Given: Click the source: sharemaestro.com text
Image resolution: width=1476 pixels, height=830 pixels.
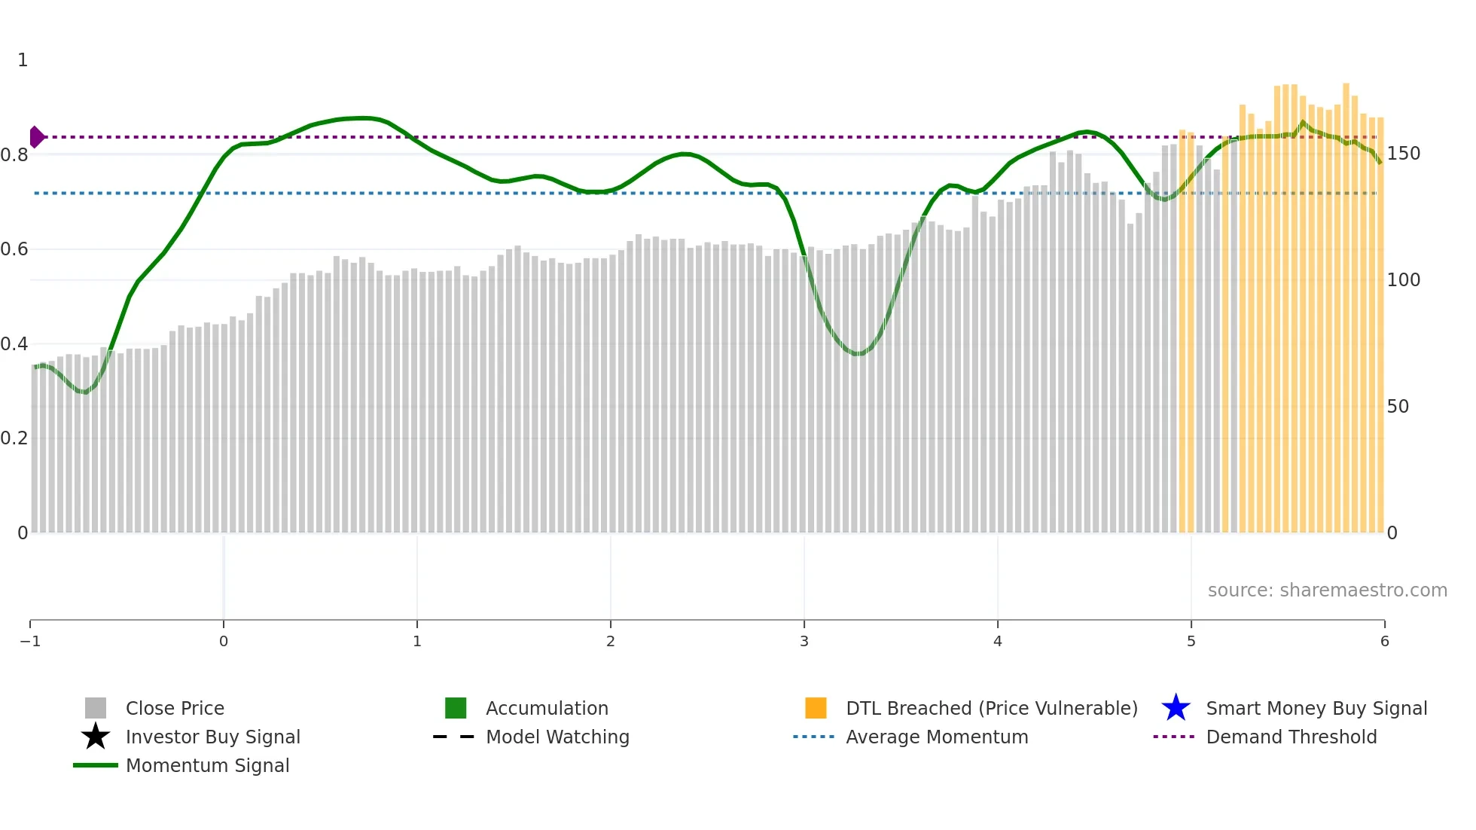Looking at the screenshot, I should (1327, 590).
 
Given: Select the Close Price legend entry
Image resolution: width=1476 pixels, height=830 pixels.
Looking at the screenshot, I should (175, 709).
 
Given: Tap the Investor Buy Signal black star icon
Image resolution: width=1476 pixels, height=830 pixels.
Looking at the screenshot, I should (96, 737).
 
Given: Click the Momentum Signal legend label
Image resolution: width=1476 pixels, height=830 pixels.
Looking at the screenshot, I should (207, 766).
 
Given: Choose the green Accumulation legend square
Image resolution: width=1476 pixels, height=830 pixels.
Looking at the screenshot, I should (456, 708).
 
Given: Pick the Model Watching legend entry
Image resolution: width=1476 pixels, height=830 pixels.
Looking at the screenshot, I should (557, 737).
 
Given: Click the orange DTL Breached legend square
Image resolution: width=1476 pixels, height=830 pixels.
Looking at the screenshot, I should (816, 708).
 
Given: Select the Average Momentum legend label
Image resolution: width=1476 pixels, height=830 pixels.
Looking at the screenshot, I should (937, 737).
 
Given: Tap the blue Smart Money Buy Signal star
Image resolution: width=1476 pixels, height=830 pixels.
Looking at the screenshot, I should (1176, 708).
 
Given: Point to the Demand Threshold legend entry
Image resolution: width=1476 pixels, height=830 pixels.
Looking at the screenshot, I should (1291, 737).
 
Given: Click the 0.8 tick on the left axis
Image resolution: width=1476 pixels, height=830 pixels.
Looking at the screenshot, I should (15, 155).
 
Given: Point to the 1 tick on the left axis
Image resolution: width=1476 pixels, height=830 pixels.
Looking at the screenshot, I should (23, 60).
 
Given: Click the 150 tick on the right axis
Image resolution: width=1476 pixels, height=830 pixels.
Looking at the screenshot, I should (1403, 154).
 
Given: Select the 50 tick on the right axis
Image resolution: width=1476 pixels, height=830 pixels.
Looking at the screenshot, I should (1398, 407).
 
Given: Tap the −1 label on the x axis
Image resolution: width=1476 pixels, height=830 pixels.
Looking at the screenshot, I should (30, 641).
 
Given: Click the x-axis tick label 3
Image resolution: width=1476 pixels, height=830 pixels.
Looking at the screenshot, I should (804, 641).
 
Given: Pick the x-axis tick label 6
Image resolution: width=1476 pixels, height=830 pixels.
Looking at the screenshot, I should (1384, 641).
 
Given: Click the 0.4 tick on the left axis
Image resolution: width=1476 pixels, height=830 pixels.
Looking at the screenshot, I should (15, 344).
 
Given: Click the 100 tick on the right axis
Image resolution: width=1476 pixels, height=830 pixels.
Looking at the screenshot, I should (1403, 280).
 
